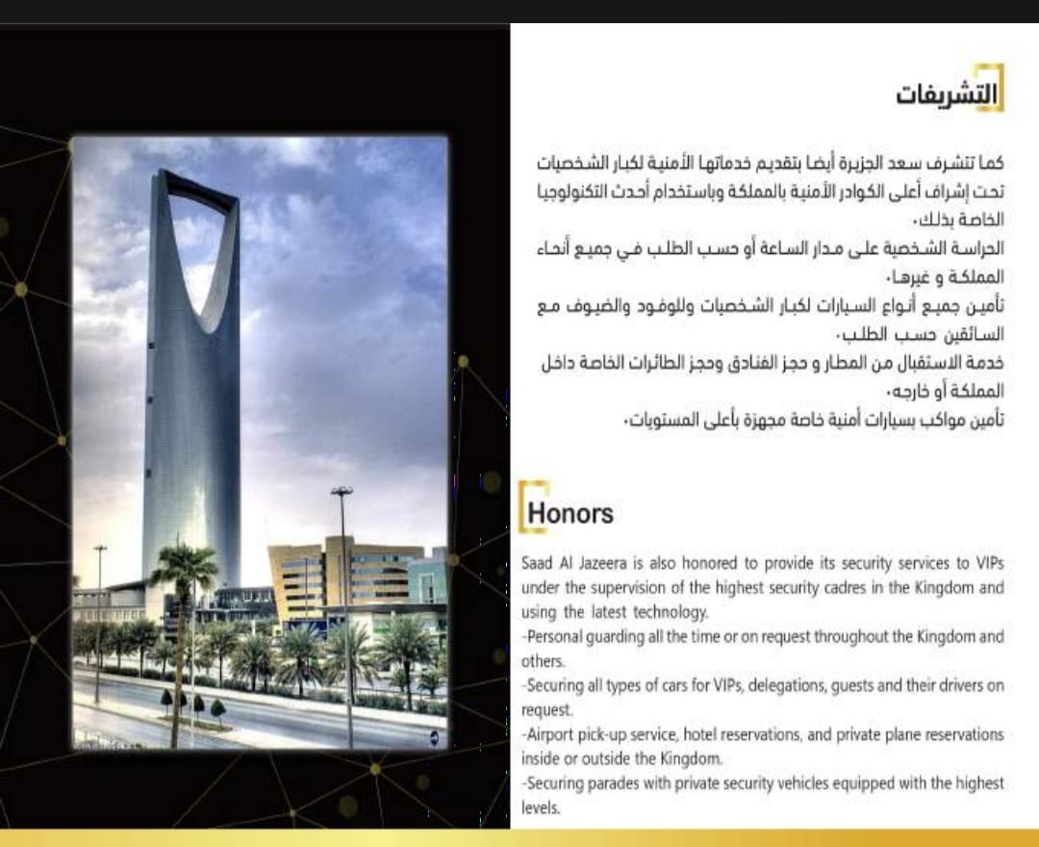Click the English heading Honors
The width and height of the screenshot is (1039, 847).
tap(570, 513)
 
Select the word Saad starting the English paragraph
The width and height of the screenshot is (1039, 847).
tap(537, 561)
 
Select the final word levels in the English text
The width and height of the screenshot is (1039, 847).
tap(540, 808)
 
